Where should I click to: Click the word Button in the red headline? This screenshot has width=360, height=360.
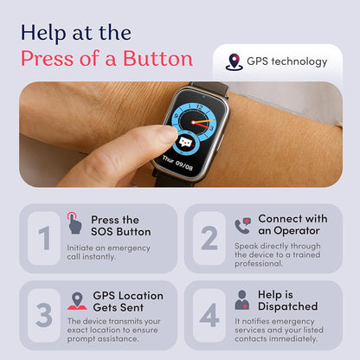157,59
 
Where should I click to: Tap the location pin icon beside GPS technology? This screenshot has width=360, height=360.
234,61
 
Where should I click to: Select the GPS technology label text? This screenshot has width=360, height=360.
287,61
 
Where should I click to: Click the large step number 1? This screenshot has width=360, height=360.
44,238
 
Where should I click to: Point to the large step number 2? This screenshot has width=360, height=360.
209,238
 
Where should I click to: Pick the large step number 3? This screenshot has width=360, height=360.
44,315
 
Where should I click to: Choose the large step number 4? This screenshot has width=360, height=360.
209,315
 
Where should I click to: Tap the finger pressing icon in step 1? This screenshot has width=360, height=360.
74,223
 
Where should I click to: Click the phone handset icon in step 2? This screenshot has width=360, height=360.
242,226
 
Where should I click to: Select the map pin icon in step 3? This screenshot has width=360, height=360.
77,301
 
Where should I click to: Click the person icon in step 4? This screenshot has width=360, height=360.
242,300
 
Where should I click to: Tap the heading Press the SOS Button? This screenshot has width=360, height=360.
121,226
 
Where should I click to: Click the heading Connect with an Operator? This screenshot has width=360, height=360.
292,225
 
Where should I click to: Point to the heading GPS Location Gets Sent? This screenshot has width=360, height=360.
128,302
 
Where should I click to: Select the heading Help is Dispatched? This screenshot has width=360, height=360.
288,300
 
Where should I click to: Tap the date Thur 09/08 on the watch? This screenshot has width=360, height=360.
177,163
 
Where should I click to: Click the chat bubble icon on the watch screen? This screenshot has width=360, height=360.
186,143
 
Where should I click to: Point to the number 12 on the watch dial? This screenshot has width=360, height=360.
200,107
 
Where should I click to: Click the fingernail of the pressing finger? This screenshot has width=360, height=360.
169,134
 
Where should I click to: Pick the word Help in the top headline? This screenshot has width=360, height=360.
43,33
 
